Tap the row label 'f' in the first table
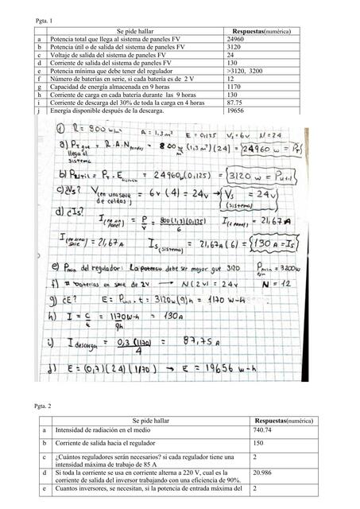(x=39, y=79)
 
